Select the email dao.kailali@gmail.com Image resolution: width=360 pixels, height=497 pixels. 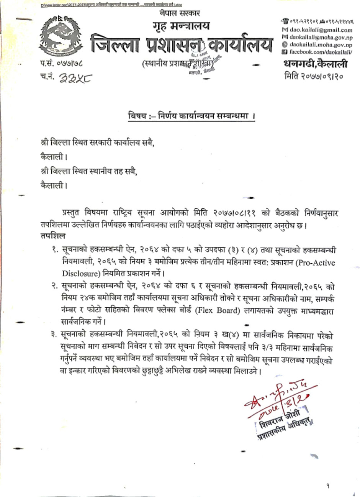(x=321, y=30)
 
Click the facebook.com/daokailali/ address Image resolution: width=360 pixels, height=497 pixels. (x=321, y=51)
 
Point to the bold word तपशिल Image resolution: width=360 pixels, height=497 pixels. (x=52, y=235)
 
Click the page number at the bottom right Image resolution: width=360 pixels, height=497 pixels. (x=328, y=486)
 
